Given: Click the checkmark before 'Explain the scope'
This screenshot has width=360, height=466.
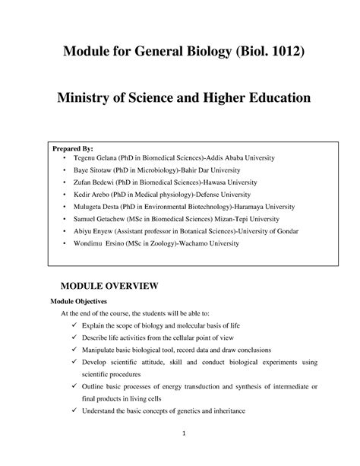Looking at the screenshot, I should click(x=72, y=328).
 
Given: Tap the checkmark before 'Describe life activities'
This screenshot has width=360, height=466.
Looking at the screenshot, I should click(x=72, y=341).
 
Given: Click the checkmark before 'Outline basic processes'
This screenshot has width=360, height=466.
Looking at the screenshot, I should click(x=72, y=388).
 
